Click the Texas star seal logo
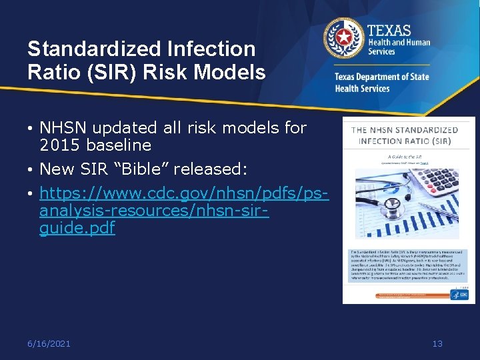(343, 38)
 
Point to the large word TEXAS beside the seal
(391, 30)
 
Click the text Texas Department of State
(381, 77)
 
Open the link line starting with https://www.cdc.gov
(184, 193)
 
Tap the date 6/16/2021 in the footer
(49, 343)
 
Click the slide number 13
(437, 343)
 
